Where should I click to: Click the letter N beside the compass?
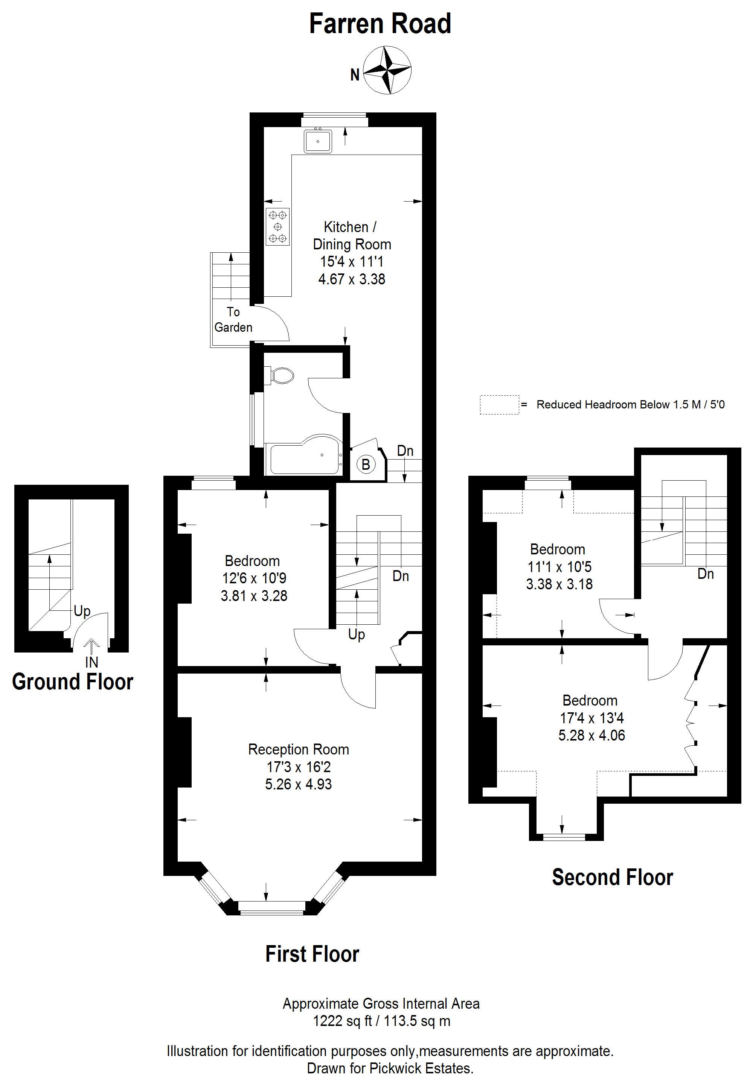click(x=355, y=74)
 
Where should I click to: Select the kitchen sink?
click(x=318, y=141)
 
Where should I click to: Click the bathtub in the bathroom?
click(x=304, y=454)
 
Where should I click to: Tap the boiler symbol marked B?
click(x=366, y=465)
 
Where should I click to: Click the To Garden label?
click(x=233, y=320)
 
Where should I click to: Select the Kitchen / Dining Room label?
click(x=351, y=235)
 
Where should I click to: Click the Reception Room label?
click(x=299, y=749)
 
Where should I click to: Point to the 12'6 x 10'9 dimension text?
click(x=254, y=578)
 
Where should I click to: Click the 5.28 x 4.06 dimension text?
click(x=592, y=735)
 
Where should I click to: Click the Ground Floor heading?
click(x=73, y=681)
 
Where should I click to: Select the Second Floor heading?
click(x=612, y=877)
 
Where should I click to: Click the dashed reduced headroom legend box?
click(x=499, y=405)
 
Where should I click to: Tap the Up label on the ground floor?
click(x=82, y=611)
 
